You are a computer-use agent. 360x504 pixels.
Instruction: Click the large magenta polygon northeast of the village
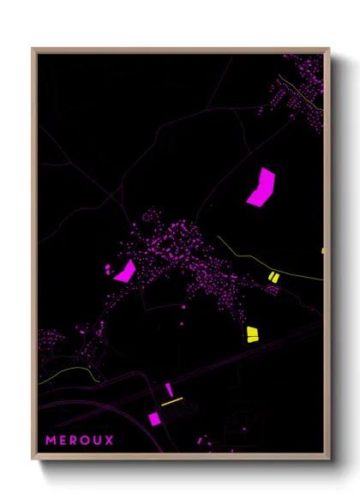click(261, 188)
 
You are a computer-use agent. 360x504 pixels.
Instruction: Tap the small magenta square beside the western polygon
click(109, 269)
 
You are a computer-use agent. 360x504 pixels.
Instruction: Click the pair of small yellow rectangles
click(273, 276)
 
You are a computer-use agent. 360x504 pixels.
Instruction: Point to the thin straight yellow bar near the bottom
click(172, 400)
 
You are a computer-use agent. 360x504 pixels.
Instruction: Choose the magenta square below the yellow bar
click(154, 418)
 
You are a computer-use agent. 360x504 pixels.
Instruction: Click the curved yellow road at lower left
click(69, 370)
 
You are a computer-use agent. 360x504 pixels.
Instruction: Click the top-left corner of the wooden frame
click(33, 49)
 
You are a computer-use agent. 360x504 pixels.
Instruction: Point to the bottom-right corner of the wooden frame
click(329, 459)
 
